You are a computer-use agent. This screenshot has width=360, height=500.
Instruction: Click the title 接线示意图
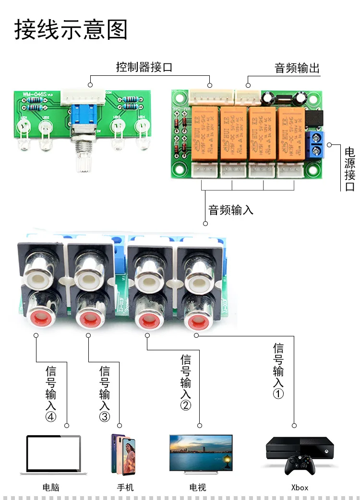coord(71,29)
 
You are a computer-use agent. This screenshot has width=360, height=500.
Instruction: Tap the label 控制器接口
coord(144,67)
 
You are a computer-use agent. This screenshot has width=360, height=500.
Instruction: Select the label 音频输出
coord(297,68)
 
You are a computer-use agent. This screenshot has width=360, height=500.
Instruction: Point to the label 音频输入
coord(230,210)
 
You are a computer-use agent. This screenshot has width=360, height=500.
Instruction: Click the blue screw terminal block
coord(317,146)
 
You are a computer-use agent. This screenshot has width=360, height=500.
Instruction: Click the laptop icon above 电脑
coord(53,454)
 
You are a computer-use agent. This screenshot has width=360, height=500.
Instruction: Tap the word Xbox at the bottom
coord(300,488)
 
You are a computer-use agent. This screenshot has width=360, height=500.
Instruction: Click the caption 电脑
coord(51,488)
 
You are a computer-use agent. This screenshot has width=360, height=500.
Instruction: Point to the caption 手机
coord(125,488)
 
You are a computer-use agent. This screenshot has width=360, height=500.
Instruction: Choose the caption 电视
coord(197,488)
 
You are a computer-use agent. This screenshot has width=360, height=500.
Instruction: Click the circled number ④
coord(51,417)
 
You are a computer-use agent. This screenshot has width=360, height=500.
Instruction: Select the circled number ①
coord(278,393)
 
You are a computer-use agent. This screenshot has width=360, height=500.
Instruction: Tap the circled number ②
coord(186,405)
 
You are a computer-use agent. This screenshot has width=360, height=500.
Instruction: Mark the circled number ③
coord(105,417)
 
